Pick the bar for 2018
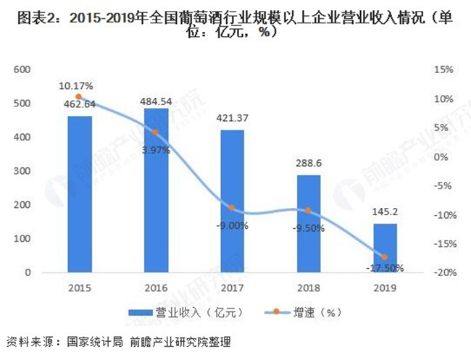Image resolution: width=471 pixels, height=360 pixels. pyautogui.click(x=308, y=224)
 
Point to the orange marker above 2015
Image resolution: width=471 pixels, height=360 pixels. pyautogui.click(x=80, y=97)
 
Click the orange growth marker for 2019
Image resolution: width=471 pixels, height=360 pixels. pyautogui.click(x=384, y=257)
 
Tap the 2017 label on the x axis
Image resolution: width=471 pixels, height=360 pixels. pyautogui.click(x=232, y=287)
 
